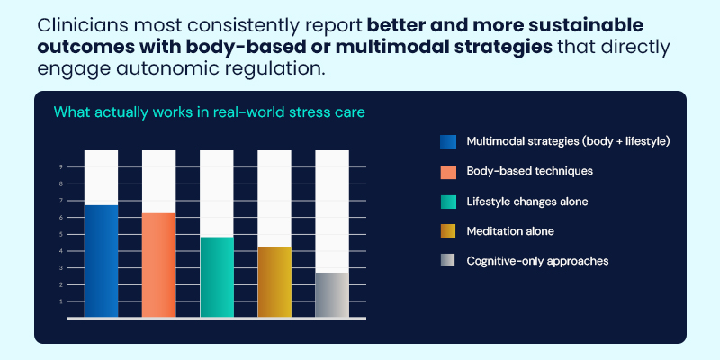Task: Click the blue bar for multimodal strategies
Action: [101, 261]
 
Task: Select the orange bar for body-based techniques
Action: [158, 265]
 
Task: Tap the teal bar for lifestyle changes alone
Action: [216, 276]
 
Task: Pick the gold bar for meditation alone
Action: [274, 282]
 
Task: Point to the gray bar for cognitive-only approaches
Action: [332, 294]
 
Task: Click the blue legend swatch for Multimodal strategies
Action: [448, 141]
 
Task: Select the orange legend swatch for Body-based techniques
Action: [448, 171]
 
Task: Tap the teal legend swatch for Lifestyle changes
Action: [448, 202]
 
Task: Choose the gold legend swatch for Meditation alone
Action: [448, 231]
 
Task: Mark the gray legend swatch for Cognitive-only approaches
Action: [448, 261]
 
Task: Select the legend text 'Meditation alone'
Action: [509, 231]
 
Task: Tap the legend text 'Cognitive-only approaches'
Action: [537, 261]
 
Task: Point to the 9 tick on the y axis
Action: [61, 166]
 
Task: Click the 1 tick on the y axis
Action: [61, 301]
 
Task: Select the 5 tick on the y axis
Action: [61, 234]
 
